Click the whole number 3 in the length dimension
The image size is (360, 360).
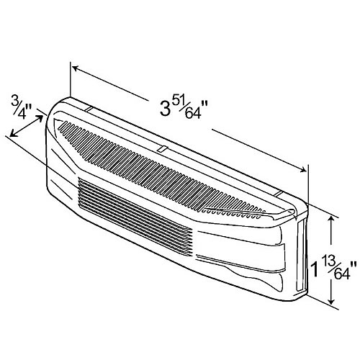165,109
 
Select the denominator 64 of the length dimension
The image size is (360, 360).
192,113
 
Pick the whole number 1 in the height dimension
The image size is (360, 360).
315,269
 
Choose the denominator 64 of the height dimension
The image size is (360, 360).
341,274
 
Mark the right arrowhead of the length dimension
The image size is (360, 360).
303,169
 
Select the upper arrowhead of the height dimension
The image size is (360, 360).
332,219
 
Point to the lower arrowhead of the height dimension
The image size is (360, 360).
332,301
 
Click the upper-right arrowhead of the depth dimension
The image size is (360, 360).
40,118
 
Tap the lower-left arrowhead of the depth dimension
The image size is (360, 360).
13,134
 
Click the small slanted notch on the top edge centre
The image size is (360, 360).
162,149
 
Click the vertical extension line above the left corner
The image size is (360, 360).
71,79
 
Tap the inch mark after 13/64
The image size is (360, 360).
354,265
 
